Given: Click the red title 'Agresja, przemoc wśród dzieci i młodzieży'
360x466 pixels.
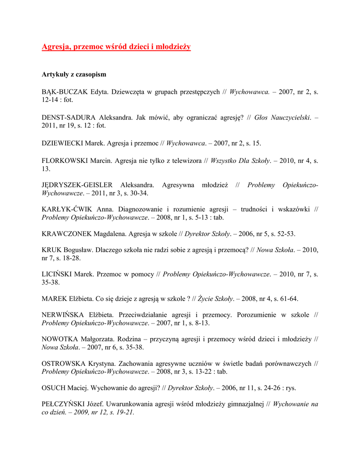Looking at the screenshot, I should click(116, 47).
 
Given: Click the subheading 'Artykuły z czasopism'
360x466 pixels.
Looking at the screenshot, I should click(74, 74).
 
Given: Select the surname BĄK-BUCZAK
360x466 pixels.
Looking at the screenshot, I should click(65, 91).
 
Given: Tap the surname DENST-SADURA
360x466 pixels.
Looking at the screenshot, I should click(69, 117).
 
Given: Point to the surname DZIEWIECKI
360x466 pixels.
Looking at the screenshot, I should click(62, 143).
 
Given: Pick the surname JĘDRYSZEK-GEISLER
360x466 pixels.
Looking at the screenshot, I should click(77, 185).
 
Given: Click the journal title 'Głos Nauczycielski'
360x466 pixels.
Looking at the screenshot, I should click(282, 117).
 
